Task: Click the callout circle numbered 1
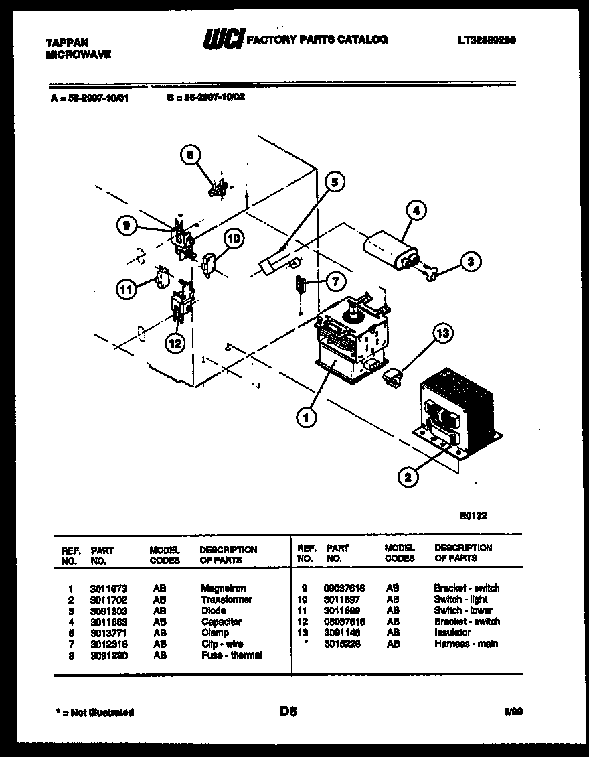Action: coord(306,418)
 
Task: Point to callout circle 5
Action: coord(335,182)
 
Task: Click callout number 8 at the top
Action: coord(190,155)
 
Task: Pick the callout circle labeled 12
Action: coord(175,344)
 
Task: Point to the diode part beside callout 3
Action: coord(428,271)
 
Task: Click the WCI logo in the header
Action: coord(224,40)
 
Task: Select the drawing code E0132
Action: coord(473,516)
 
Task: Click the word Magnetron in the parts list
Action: coord(223,588)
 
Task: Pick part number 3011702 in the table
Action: coord(109,600)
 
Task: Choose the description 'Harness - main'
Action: coord(465,644)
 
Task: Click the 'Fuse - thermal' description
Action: coord(231,655)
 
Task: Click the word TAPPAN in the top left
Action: coord(67,42)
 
